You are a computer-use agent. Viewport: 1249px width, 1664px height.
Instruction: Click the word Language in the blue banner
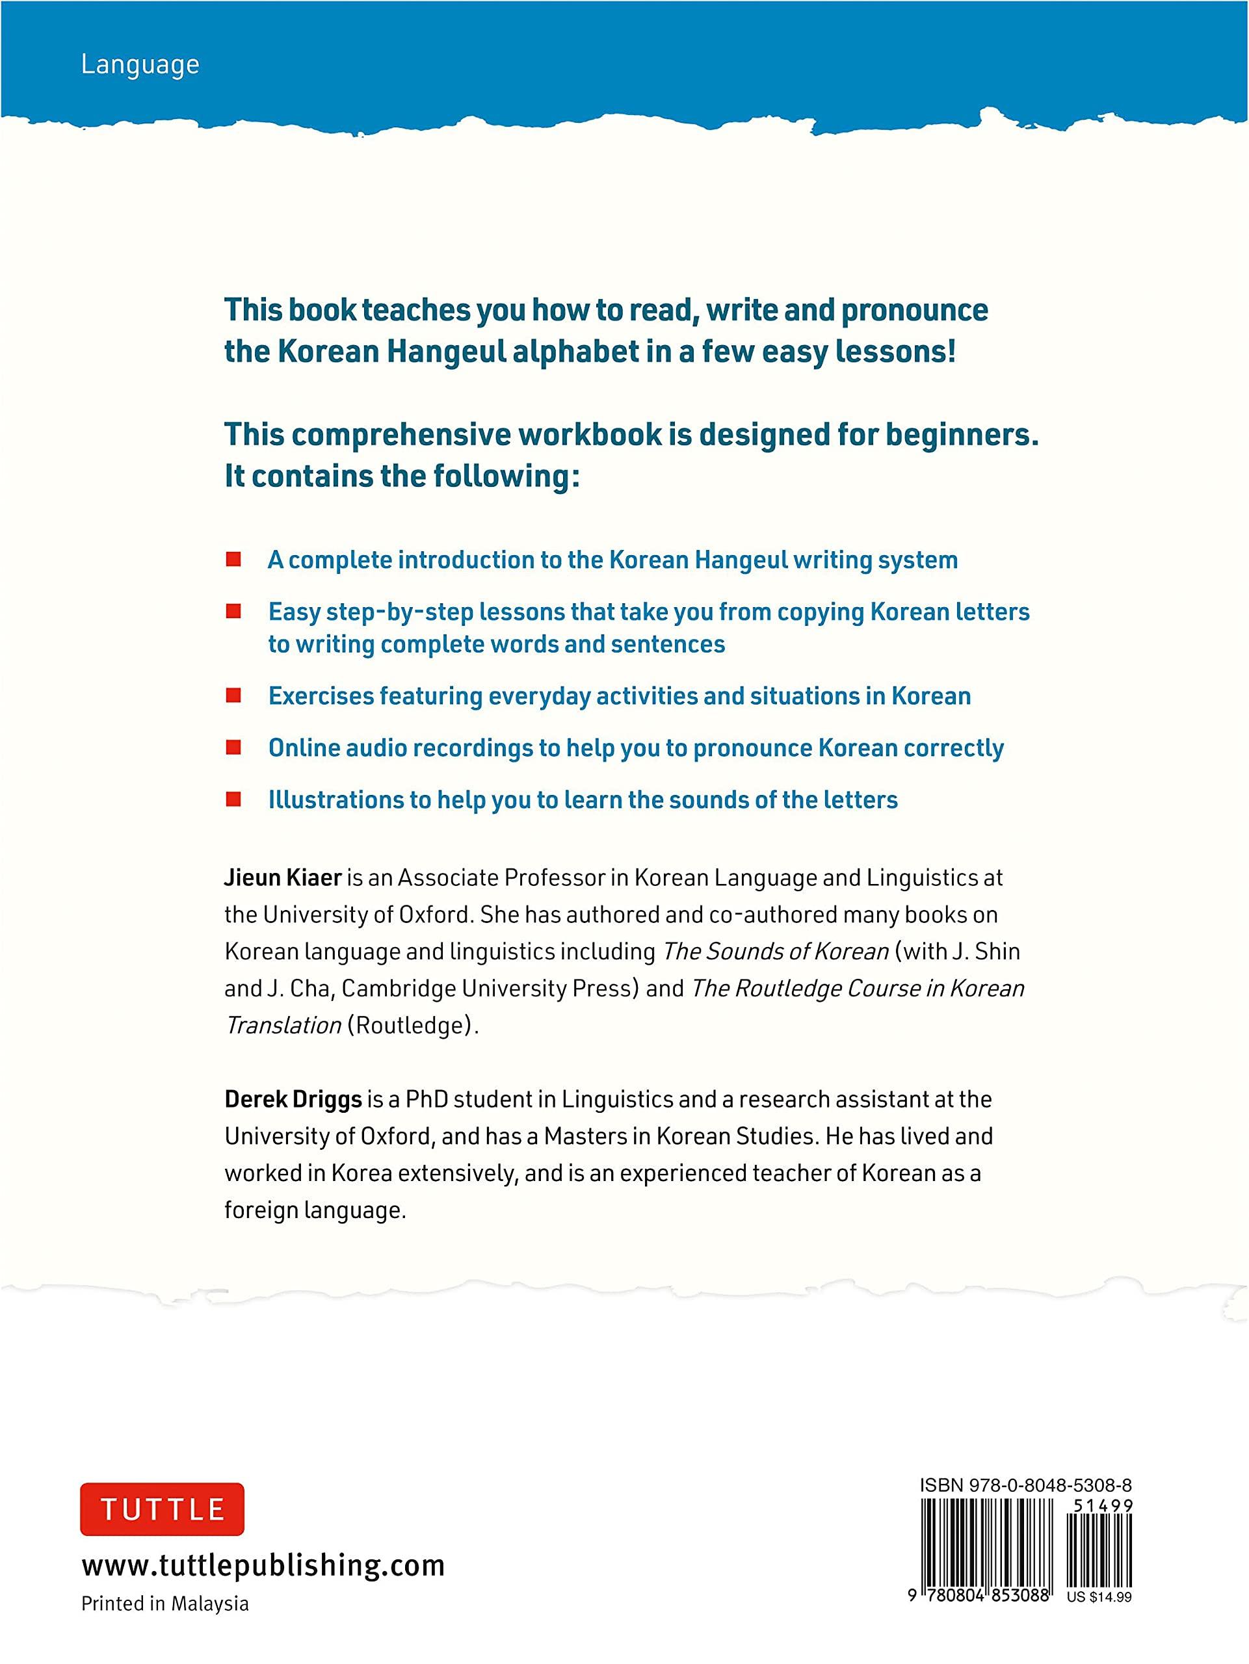coord(140,66)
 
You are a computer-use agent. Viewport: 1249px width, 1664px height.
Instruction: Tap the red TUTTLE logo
coord(162,1510)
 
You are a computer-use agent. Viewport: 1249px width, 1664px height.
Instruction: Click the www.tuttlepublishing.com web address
coord(263,1566)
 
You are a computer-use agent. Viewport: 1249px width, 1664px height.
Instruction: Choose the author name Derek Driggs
coord(293,1100)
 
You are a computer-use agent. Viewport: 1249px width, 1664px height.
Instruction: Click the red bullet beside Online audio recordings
coord(233,747)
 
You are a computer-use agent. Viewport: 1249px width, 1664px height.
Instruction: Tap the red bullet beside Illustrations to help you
coord(233,799)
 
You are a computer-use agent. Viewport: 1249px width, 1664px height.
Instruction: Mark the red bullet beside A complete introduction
coord(233,560)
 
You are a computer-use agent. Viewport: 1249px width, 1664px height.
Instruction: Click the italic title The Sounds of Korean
coord(775,952)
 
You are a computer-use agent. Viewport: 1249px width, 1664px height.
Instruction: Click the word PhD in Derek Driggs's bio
coord(426,1100)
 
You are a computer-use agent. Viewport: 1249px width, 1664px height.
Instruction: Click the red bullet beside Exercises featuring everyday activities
coord(233,696)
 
